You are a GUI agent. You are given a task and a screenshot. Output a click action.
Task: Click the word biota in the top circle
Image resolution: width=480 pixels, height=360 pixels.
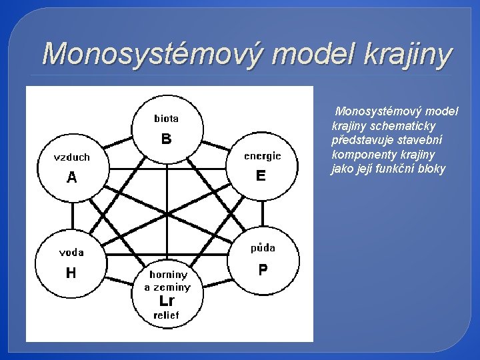click(x=166, y=119)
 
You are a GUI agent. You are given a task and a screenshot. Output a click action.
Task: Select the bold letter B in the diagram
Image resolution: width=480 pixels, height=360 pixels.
click(x=166, y=139)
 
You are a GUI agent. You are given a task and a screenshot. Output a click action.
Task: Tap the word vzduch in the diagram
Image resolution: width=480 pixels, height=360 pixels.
click(x=71, y=157)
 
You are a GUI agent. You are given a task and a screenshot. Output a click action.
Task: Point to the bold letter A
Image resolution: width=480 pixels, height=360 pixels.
click(x=71, y=178)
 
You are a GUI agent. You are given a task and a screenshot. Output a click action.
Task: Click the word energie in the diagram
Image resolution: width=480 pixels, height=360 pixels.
click(x=262, y=156)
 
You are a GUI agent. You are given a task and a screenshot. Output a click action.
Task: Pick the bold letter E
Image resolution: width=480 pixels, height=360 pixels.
click(x=261, y=176)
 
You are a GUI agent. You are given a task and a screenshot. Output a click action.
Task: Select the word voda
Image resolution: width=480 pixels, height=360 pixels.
click(x=71, y=252)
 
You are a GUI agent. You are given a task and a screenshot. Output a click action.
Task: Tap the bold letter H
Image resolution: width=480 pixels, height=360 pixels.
click(x=71, y=273)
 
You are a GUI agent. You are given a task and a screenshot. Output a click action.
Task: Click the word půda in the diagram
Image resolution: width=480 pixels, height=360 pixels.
click(x=263, y=248)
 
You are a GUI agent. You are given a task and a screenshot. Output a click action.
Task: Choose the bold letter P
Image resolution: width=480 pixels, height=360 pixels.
click(x=263, y=269)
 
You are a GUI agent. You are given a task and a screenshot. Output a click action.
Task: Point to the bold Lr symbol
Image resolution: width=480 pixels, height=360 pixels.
click(x=167, y=301)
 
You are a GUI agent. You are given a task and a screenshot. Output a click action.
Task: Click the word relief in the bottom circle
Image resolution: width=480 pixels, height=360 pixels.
click(x=167, y=315)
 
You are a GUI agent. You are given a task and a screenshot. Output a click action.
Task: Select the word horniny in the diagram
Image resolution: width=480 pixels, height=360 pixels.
click(x=168, y=274)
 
